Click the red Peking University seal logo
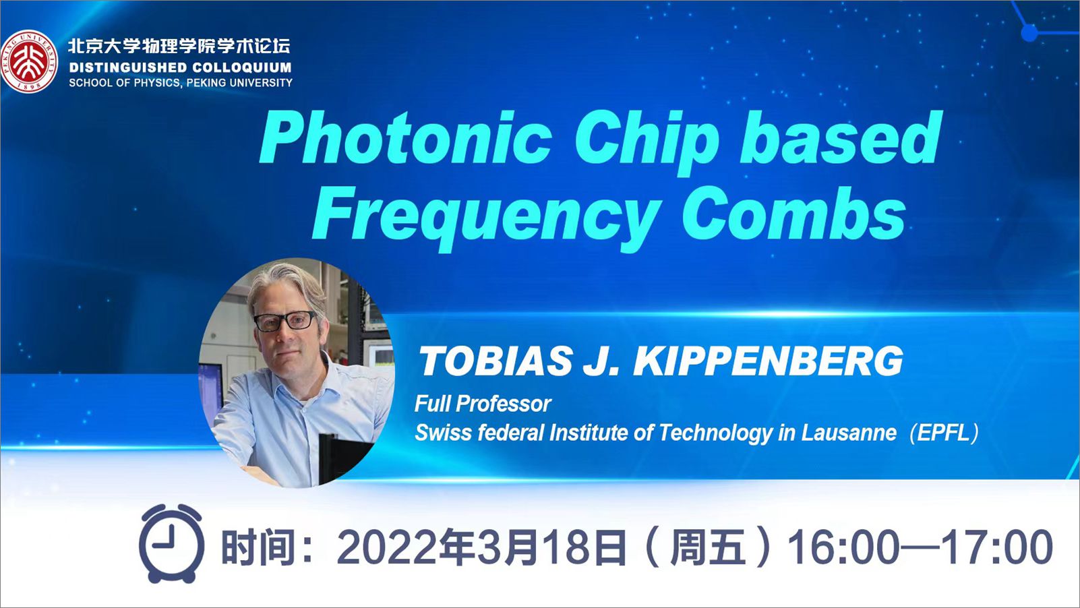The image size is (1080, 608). click(x=30, y=62)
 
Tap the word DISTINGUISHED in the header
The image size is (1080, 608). click(x=121, y=67)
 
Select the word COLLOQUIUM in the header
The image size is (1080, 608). click(x=235, y=67)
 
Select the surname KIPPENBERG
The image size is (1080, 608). click(x=768, y=361)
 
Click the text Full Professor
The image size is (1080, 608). click(x=483, y=404)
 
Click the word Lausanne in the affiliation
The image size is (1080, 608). click(x=849, y=433)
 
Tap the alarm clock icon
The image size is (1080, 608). click(x=171, y=543)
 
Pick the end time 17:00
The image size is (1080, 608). click(x=997, y=548)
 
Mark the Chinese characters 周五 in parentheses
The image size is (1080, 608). click(x=709, y=547)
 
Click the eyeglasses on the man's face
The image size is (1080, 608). click(x=285, y=321)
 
